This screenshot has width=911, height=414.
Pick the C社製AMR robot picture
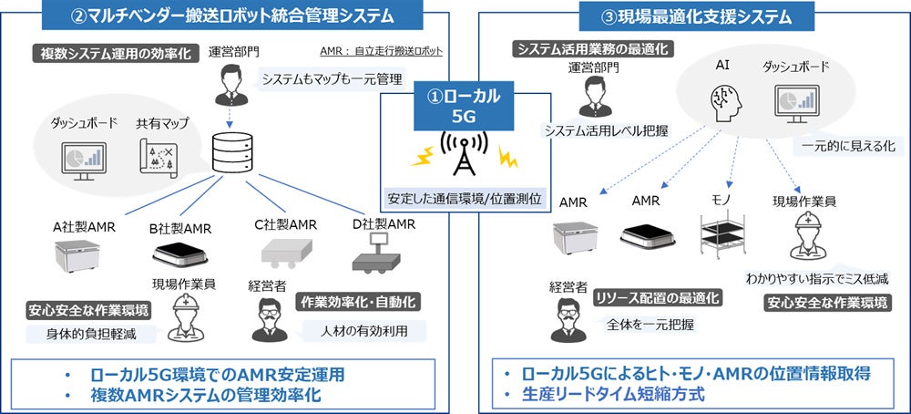coord(281,252)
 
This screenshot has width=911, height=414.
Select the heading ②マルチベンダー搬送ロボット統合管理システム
coord(226,15)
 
